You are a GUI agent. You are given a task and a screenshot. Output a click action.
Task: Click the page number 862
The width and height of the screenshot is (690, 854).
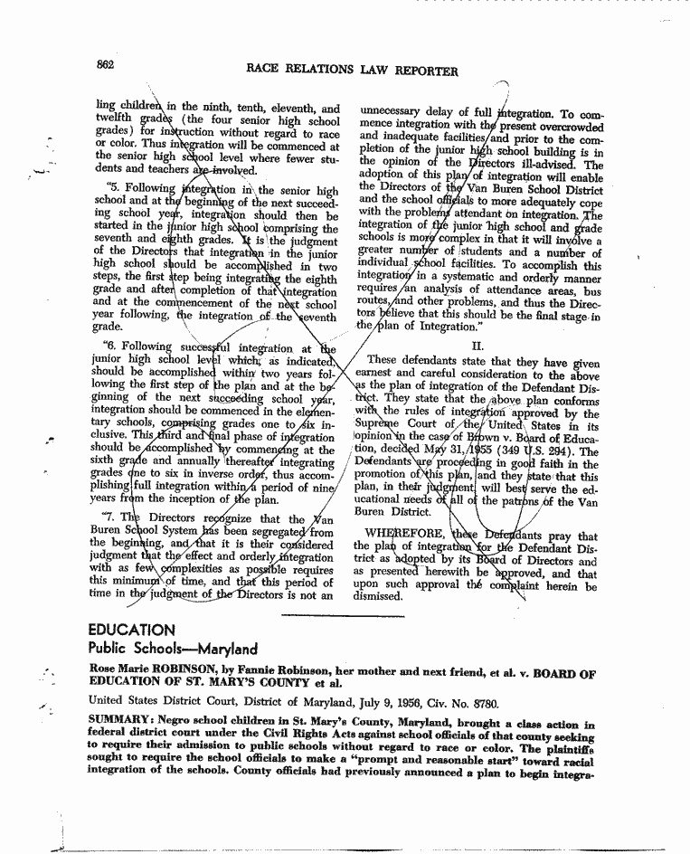point(102,64)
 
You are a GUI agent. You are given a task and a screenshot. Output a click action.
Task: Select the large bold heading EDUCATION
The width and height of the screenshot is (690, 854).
point(131,630)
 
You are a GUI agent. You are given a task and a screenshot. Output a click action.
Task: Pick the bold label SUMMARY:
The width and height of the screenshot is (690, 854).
point(120,725)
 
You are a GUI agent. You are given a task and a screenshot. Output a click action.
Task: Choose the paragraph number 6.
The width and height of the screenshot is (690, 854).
point(110,346)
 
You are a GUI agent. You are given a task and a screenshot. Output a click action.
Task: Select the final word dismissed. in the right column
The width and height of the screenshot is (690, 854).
point(379,596)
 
